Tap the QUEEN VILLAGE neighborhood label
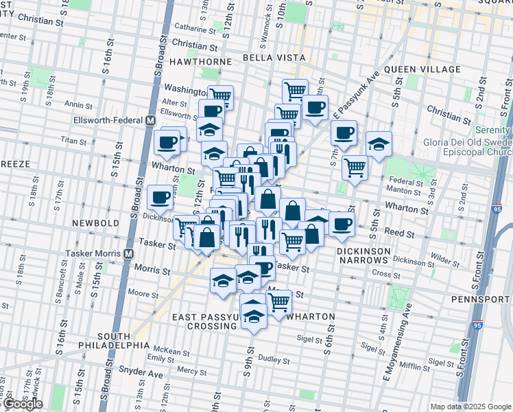tap(422, 70)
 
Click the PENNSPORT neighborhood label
tap(481, 299)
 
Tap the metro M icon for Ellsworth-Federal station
tap(150, 120)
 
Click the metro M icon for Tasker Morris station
tap(128, 253)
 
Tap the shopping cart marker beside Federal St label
tap(355, 166)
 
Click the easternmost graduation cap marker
tap(379, 144)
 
